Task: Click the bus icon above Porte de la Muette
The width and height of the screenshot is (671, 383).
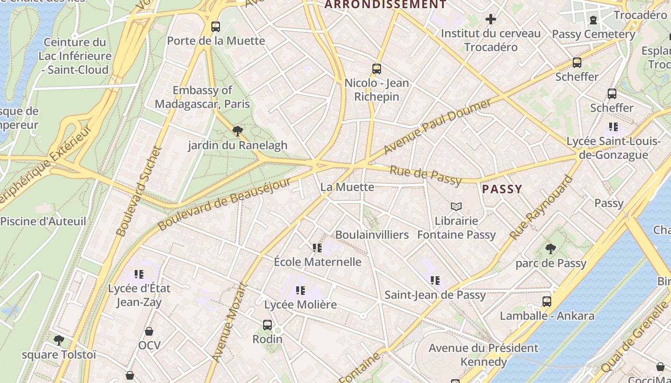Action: (x=216, y=26)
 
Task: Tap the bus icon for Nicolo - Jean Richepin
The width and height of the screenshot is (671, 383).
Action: (x=377, y=68)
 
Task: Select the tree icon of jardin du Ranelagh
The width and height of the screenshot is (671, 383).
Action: (x=237, y=131)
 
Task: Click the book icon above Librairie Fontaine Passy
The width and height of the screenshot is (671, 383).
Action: (x=456, y=206)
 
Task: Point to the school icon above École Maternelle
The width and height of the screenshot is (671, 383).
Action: (x=317, y=248)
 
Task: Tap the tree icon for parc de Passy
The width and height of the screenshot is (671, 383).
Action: (x=551, y=248)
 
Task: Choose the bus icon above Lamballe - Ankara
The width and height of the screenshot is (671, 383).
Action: (x=547, y=302)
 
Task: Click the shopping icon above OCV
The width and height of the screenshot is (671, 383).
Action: (x=149, y=331)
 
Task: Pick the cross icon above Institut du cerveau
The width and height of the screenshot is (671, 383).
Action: (x=490, y=19)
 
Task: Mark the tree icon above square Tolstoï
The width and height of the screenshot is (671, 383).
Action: (x=59, y=340)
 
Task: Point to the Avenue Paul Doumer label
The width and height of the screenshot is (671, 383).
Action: (x=437, y=126)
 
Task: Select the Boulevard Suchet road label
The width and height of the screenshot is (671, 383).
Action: (x=139, y=191)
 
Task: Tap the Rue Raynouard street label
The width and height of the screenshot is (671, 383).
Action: (x=541, y=208)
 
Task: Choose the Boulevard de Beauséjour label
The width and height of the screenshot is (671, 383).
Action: (x=224, y=204)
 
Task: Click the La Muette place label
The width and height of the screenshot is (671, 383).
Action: (x=347, y=187)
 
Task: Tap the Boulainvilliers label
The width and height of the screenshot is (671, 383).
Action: (x=372, y=235)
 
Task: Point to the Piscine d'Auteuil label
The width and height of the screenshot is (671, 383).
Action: (x=43, y=221)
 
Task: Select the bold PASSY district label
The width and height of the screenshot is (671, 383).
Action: (x=502, y=189)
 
